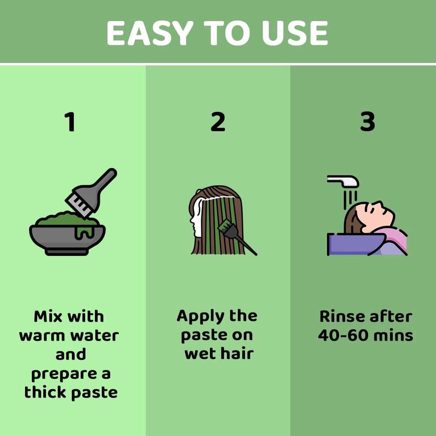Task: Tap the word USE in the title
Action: tap(295, 34)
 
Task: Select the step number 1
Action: tap(70, 122)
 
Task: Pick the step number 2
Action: tap(218, 122)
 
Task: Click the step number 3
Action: tap(367, 122)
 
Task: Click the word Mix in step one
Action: tap(48, 316)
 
